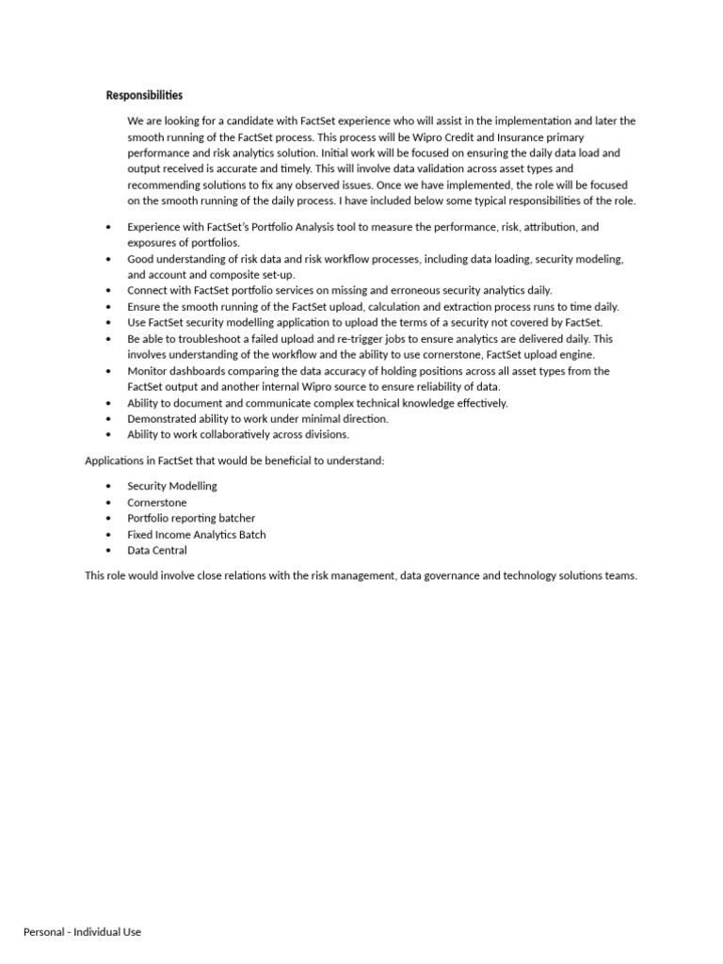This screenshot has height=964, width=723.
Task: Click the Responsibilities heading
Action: (x=144, y=95)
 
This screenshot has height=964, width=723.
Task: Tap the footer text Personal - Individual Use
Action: (x=82, y=931)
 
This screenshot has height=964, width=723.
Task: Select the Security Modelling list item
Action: (x=172, y=486)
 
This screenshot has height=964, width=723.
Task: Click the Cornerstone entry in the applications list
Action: (x=157, y=502)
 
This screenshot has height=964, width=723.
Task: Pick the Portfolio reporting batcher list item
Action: (x=191, y=518)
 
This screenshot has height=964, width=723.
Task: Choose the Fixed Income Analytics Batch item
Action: (x=197, y=534)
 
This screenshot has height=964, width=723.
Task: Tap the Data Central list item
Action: (x=157, y=550)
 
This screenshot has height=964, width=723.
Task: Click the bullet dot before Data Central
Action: (x=109, y=551)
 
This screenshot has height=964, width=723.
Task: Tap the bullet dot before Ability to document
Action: (x=109, y=403)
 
